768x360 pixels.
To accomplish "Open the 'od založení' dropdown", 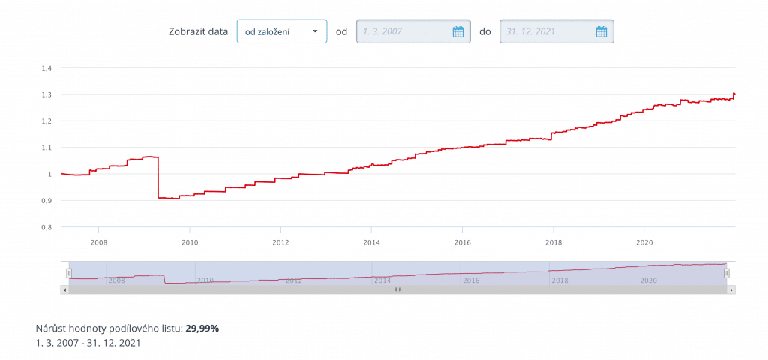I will tap(281, 31).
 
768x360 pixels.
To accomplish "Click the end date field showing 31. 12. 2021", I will tap(547, 31).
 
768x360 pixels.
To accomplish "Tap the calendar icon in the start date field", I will tap(458, 31).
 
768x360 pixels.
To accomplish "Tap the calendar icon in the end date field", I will tap(601, 31).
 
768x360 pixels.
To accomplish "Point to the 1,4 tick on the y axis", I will tap(46, 68).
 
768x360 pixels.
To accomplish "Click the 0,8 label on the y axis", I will tap(46, 227).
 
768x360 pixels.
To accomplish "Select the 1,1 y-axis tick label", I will tap(46, 148).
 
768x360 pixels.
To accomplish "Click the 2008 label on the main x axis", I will tap(98, 242).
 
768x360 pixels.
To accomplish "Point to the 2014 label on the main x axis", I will tap(371, 242).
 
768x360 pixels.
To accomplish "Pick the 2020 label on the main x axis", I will tap(644, 242).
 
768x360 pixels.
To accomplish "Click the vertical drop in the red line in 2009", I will tap(158, 178).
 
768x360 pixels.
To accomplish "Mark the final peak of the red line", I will tap(733, 93).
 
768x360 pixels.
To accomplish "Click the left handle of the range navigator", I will tap(69, 274).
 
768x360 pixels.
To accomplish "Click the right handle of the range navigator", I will tap(726, 274).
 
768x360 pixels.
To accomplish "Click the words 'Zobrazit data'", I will tap(198, 31).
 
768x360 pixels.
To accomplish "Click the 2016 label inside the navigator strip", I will tap(471, 280).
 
